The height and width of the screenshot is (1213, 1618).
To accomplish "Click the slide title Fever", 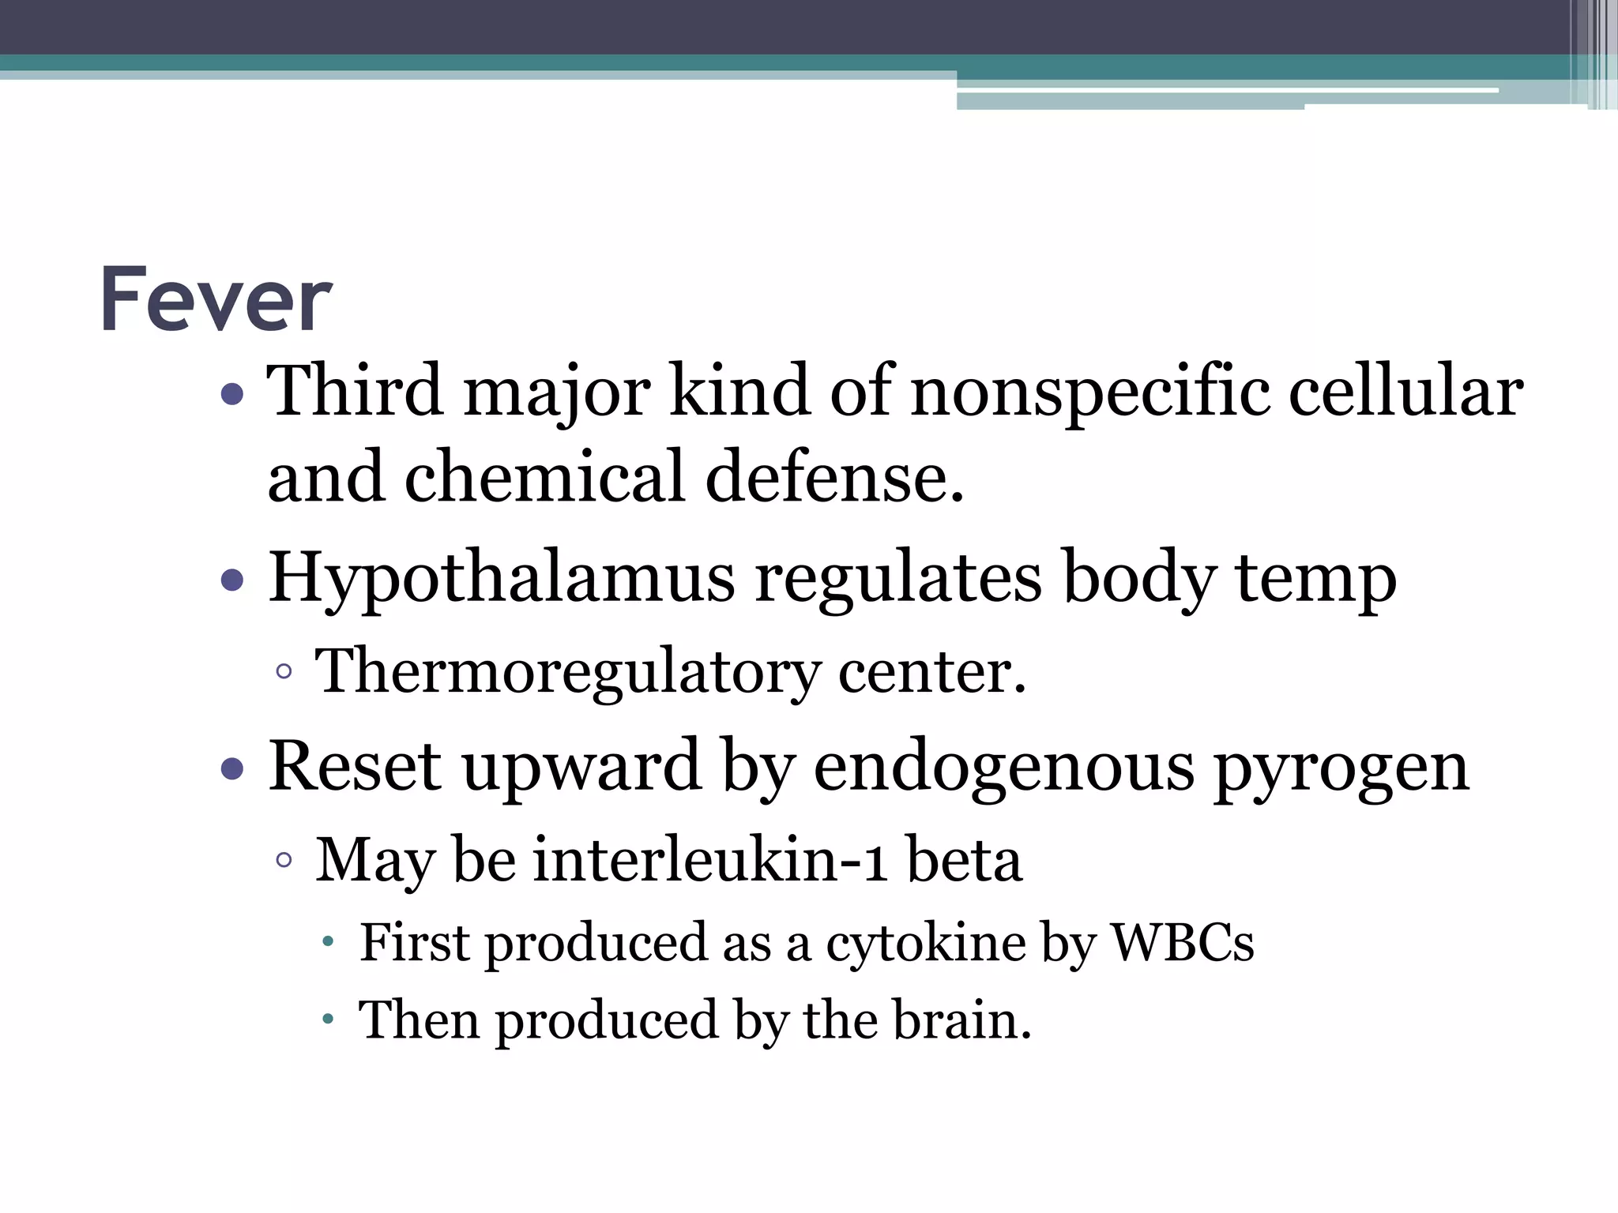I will [216, 300].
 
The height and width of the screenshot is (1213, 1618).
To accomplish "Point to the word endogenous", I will [1003, 768].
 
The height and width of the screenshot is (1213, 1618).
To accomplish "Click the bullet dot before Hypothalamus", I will [232, 581].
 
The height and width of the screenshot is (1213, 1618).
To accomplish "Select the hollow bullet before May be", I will [284, 860].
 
